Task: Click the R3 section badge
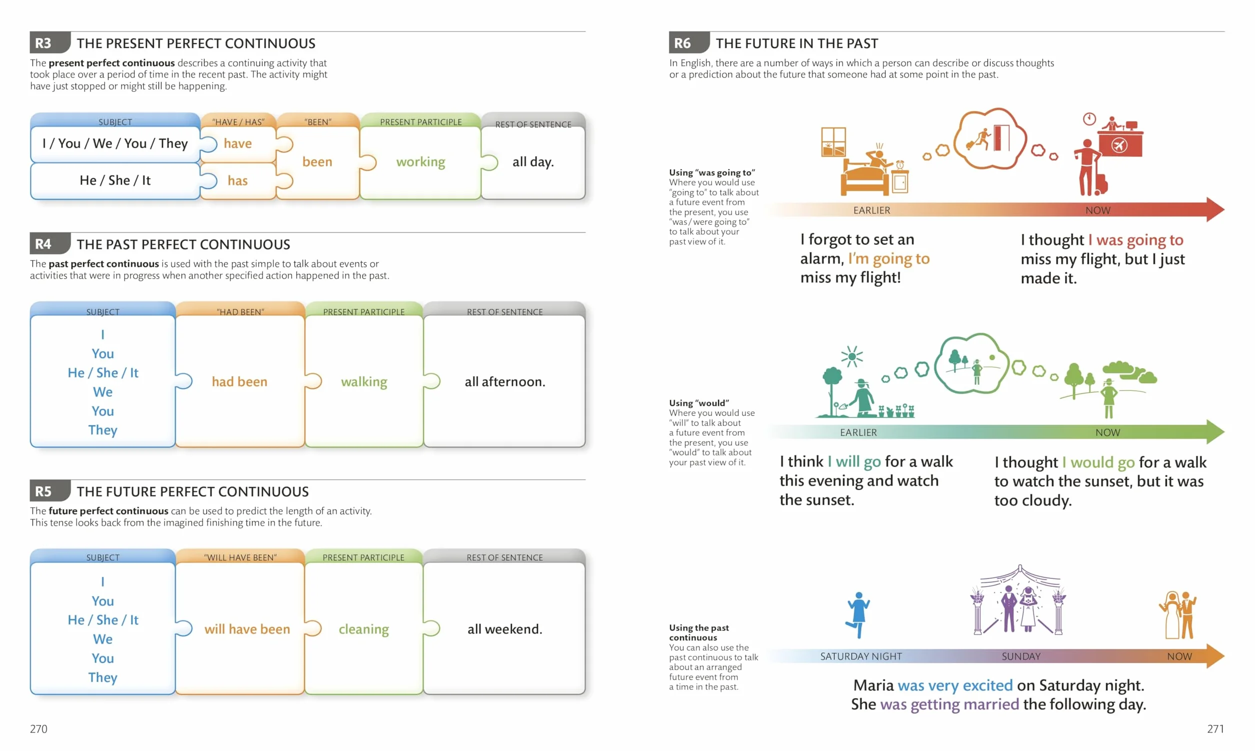pos(49,43)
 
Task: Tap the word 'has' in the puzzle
pos(237,181)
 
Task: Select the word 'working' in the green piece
pos(420,162)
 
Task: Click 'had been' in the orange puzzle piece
pos(239,382)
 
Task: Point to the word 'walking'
pos(364,382)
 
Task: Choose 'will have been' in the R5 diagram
pos(247,629)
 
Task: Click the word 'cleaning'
pos(363,629)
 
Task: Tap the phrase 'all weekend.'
pos(504,629)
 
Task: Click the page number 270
pos(38,728)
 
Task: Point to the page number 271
pos(1215,728)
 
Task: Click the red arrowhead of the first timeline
pos(1215,210)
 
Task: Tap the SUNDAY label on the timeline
pos(1021,656)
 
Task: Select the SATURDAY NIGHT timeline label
pos(860,656)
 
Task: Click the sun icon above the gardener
pos(852,357)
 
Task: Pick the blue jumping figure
pos(857,615)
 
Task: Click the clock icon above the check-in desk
pos(1089,119)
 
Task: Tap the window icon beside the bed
pos(833,142)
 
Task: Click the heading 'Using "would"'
pos(699,403)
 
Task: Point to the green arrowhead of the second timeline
pos(1215,432)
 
